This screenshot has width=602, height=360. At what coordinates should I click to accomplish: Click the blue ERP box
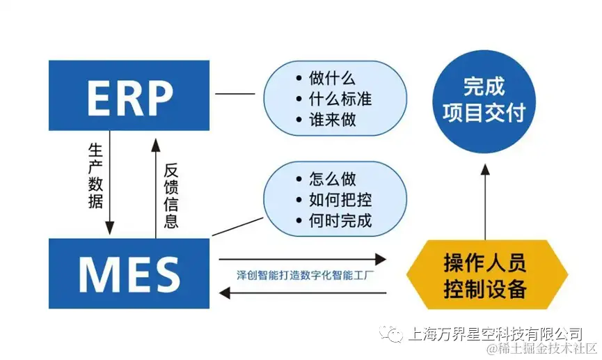pyautogui.click(x=129, y=95)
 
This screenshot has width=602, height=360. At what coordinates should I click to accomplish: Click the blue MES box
pyautogui.click(x=129, y=273)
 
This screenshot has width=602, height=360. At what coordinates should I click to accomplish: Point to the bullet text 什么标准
pyautogui.click(x=340, y=99)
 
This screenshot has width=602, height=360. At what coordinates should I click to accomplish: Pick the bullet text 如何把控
pyautogui.click(x=340, y=201)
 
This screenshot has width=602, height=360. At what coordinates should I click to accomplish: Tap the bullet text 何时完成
pyautogui.click(x=340, y=221)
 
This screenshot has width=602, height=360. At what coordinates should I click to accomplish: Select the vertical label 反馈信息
pyautogui.click(x=171, y=196)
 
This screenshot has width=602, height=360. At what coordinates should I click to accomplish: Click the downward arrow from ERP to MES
pyautogui.click(x=109, y=188)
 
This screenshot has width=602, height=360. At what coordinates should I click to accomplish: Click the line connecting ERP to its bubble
pyautogui.click(x=236, y=94)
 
